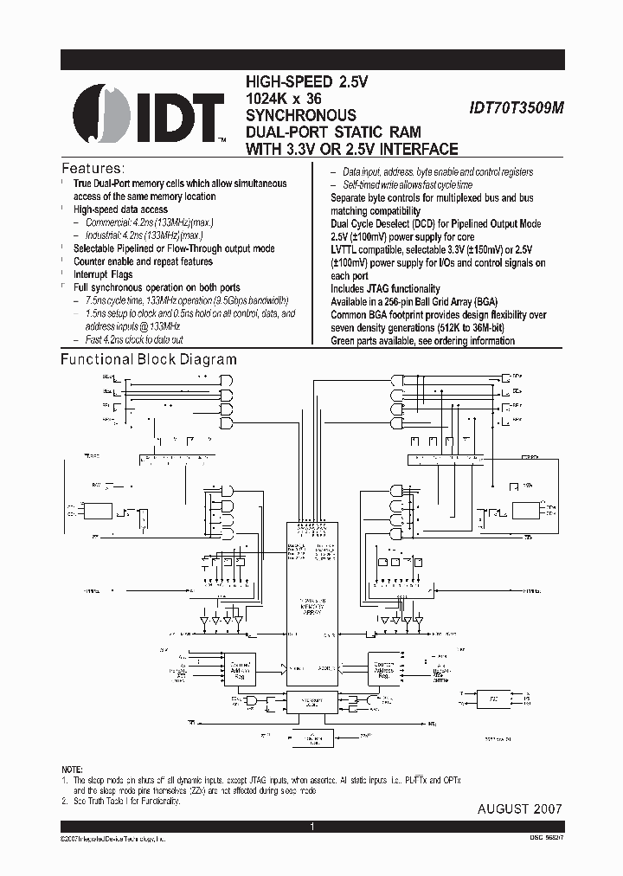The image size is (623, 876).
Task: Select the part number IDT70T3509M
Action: [516, 109]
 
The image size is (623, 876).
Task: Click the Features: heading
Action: [93, 168]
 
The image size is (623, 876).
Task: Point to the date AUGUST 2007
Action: [519, 808]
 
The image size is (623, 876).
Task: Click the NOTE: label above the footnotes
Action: [73, 770]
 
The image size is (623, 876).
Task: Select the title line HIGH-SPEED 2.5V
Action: [307, 82]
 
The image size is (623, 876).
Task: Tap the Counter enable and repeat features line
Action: [143, 261]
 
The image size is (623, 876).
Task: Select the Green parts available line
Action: [422, 341]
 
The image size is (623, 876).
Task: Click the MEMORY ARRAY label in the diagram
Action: [312, 605]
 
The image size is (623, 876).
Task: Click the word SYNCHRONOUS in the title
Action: [300, 115]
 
